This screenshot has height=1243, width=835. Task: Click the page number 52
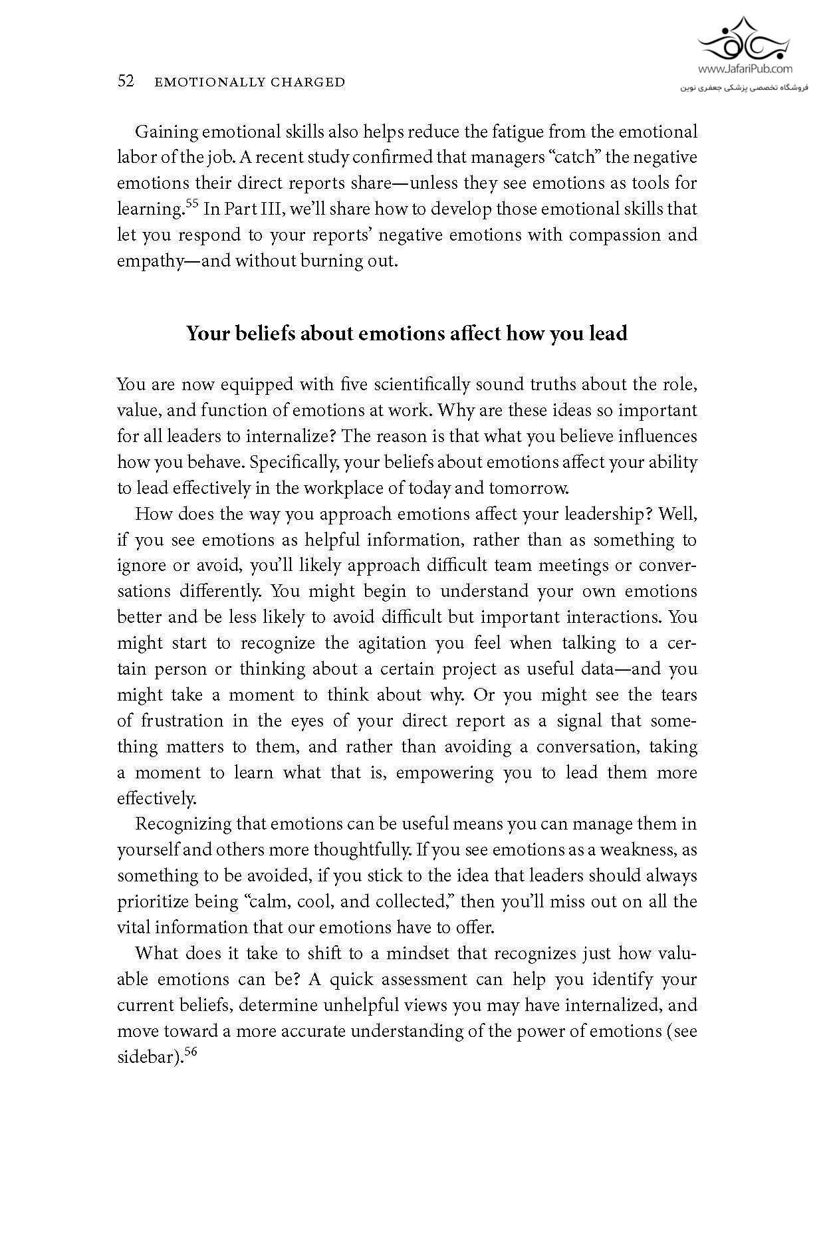126,82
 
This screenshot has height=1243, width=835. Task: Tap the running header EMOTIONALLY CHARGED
249,82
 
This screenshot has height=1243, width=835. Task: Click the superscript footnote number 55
192,203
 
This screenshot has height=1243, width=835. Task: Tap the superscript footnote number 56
191,1051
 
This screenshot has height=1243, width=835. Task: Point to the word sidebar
146,1057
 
